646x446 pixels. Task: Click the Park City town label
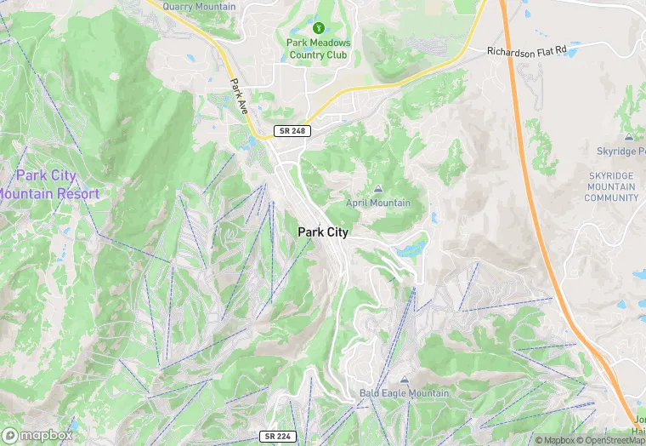point(322,232)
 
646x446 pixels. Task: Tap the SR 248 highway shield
point(292,131)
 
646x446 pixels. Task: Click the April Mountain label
point(377,203)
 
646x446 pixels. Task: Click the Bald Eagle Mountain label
point(404,393)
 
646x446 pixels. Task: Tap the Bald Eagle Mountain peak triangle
point(404,380)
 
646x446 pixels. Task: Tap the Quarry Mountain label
point(199,7)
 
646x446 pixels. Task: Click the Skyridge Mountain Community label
point(610,186)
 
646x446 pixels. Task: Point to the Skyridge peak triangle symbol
point(628,136)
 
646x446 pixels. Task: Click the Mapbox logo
point(37,435)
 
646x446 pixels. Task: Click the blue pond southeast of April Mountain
point(414,249)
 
